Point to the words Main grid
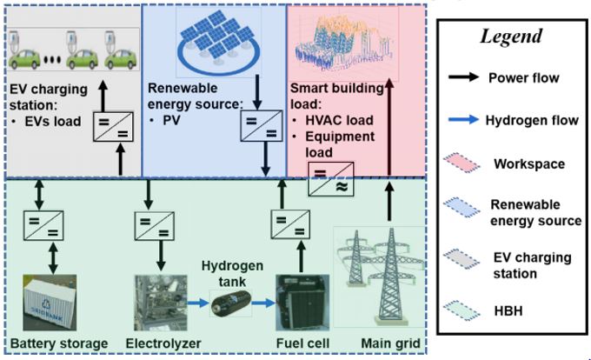[389, 344]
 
